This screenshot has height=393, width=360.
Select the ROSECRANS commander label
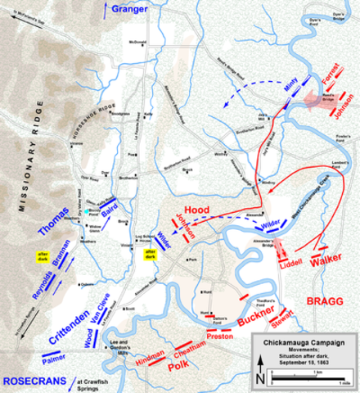34,382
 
